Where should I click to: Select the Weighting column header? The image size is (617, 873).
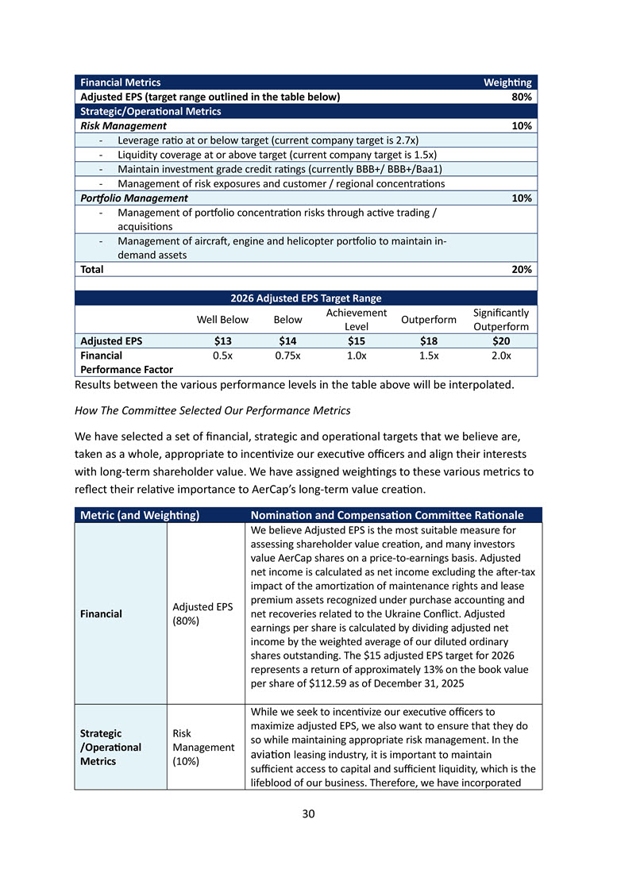[507, 83]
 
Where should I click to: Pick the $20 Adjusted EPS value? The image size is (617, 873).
[500, 341]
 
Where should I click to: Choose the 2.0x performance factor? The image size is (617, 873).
[500, 356]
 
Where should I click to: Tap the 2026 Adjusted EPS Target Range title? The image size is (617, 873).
[306, 298]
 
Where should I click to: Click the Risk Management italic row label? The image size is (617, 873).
[121, 125]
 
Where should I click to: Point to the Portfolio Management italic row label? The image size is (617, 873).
[132, 198]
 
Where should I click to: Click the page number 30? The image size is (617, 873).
[308, 812]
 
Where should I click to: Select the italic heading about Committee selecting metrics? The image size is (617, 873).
[213, 410]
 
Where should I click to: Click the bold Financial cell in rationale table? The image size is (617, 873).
[101, 613]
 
